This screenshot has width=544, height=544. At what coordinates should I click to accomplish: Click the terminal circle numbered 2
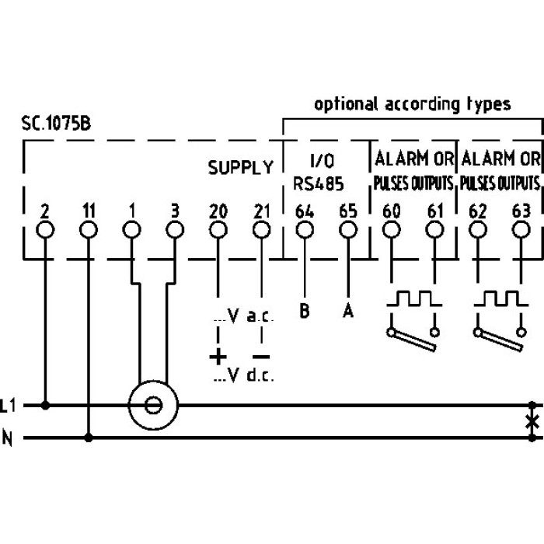point(45,230)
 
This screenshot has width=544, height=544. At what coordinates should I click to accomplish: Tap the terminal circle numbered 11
point(89,230)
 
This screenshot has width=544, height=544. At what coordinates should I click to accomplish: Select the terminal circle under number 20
point(218,230)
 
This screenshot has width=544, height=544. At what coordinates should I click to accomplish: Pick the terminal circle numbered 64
point(305,230)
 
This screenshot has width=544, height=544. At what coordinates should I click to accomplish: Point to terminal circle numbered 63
point(521,230)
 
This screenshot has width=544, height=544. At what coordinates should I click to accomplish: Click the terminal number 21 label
point(262,211)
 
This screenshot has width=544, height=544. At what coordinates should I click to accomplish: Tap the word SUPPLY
point(241,168)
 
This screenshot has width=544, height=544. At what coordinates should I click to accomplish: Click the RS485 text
point(319,184)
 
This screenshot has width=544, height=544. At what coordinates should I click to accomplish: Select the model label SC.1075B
point(56,124)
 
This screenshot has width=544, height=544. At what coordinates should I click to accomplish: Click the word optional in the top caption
point(346,104)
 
